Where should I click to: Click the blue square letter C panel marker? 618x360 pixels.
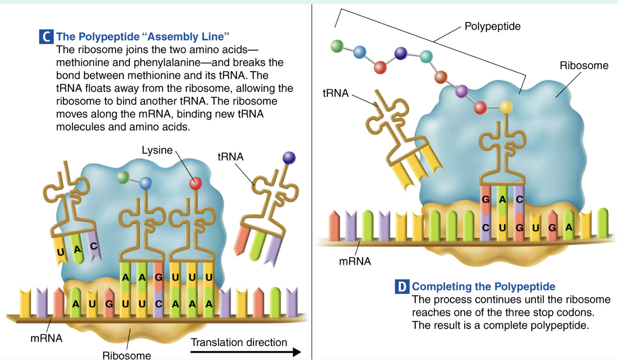46,37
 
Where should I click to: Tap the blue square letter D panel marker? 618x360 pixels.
402,286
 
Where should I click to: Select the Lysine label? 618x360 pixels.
157,150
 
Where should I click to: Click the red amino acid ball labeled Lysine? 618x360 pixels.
195,183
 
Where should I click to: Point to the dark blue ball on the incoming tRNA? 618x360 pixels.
289,158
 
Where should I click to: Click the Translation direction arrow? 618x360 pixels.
245,352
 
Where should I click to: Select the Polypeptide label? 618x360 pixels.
492,26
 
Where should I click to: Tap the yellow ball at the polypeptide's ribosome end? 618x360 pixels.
506,106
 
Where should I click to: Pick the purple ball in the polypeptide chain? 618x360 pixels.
462,91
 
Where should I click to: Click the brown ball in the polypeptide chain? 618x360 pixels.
441,77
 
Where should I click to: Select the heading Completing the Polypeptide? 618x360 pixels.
483,286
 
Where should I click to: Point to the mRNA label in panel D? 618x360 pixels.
355,261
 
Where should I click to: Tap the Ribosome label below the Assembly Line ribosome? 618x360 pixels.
127,355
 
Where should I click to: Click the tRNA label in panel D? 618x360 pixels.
335,93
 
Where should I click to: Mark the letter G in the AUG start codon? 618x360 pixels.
109,304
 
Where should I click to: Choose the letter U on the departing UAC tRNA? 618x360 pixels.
61,252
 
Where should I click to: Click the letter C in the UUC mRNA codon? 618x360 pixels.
159,304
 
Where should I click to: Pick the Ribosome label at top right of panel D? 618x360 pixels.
584,65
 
